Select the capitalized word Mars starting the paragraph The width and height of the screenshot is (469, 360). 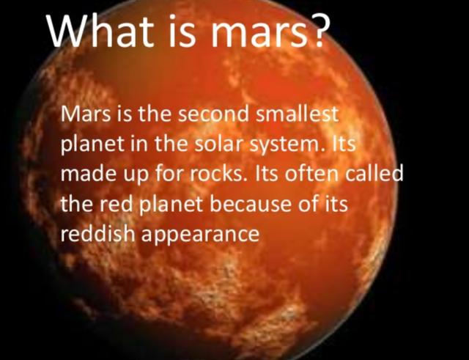86,114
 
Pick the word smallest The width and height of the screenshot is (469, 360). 298,114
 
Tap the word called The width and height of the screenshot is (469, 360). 374,174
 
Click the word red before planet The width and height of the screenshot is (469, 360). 115,204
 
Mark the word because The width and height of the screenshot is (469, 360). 251,204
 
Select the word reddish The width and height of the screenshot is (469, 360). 97,233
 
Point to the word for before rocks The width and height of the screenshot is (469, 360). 169,174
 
